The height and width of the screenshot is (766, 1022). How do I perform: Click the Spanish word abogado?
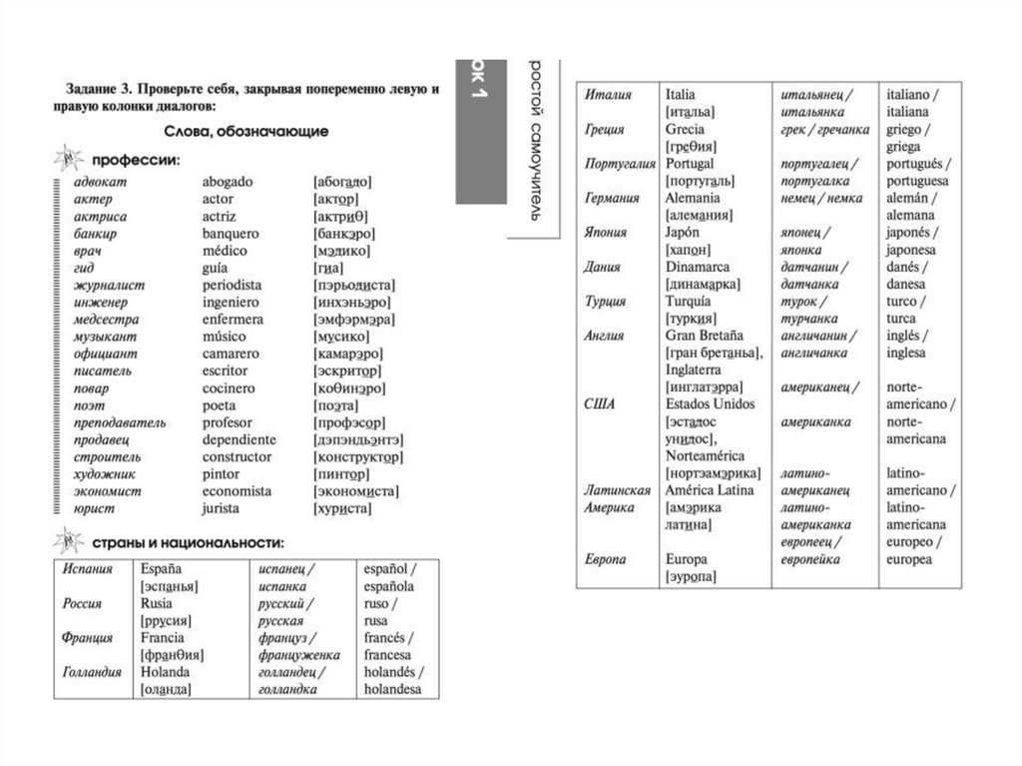[228, 182]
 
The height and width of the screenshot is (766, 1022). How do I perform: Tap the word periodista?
[232, 285]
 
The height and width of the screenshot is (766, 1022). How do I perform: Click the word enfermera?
[233, 320]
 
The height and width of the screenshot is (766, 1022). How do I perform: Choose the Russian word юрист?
[94, 508]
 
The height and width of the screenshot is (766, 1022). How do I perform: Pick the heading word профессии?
[136, 158]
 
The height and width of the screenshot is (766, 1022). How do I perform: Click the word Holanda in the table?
[166, 672]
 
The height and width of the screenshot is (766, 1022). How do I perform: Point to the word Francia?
[164, 637]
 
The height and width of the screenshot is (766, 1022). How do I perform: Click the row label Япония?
[606, 232]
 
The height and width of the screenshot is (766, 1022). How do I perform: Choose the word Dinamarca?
[698, 267]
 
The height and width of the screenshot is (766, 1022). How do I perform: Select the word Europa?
[686, 559]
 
